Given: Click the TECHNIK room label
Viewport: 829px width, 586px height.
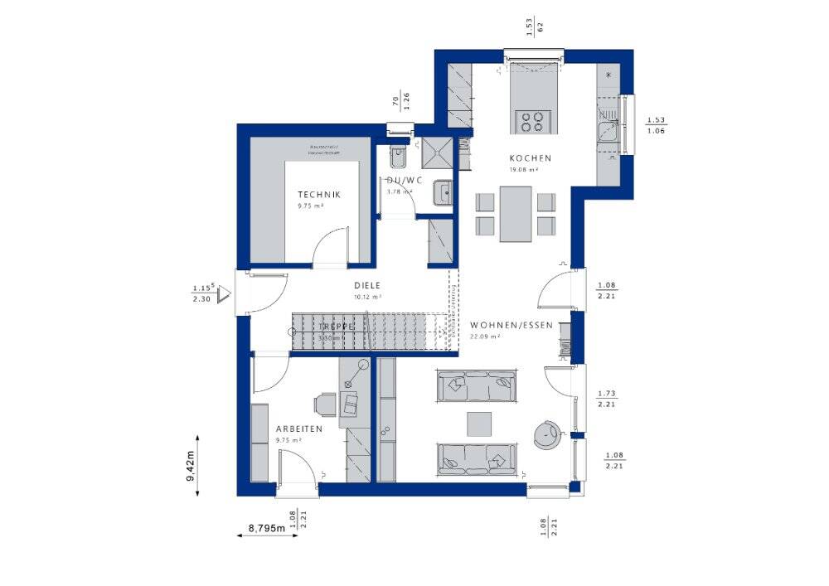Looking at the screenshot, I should (318, 195).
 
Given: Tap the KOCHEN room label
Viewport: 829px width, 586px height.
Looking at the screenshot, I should (531, 157).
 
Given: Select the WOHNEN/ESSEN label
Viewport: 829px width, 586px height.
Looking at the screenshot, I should (511, 325).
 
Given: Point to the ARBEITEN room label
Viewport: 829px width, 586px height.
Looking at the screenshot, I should (298, 429).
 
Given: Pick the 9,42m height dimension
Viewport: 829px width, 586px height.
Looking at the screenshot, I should (191, 465).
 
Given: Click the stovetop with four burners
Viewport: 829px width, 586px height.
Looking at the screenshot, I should (531, 121).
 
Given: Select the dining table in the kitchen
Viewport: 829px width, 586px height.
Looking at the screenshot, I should (515, 214).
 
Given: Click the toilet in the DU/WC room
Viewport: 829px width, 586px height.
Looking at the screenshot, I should (395, 156).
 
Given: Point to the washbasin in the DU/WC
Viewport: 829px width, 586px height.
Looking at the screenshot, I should (445, 192).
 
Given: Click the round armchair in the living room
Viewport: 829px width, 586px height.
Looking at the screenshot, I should (547, 433).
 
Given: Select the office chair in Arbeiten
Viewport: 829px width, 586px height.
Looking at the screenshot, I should (323, 404).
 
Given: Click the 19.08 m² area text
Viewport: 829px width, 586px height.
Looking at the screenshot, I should (524, 169).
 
